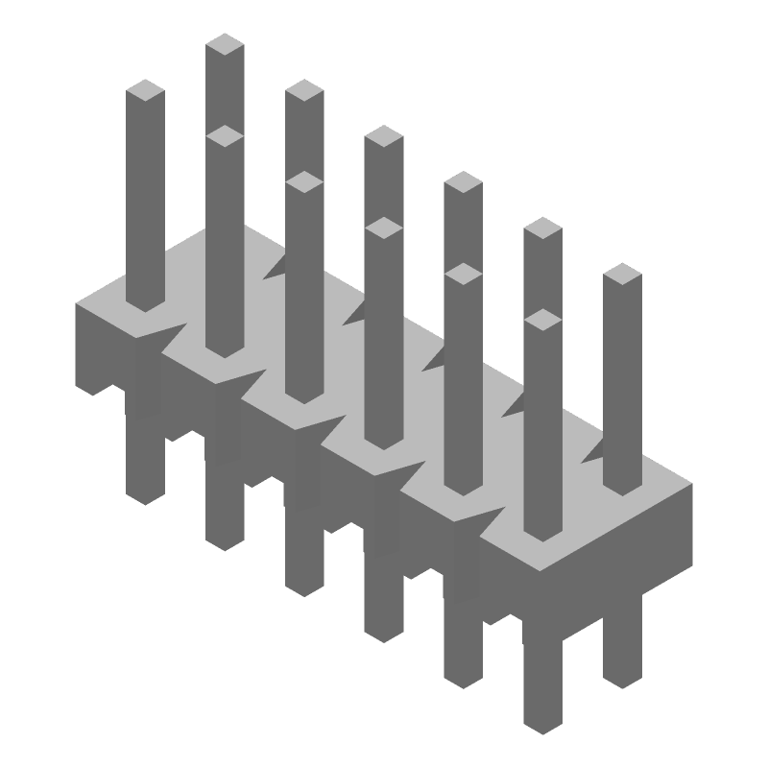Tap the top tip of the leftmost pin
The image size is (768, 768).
pyautogui.click(x=146, y=91)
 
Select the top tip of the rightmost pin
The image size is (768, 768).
pyautogui.click(x=622, y=275)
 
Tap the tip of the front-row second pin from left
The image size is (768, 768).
pyautogui.click(x=225, y=137)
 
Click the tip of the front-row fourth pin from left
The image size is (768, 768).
pyautogui.click(x=384, y=228)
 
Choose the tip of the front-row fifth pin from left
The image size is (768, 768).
pyautogui.click(x=464, y=275)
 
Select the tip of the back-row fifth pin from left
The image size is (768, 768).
pyautogui.click(x=542, y=228)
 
